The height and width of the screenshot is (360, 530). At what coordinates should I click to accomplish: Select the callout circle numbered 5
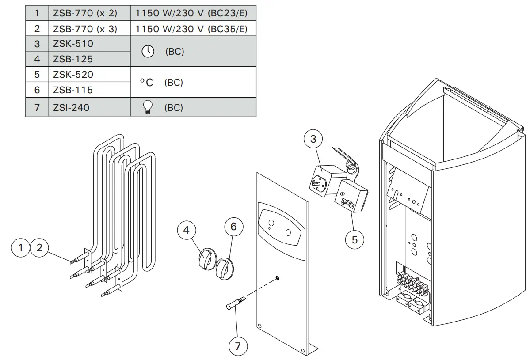[x=355, y=239]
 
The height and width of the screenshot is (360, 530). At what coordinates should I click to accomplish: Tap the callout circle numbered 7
[x=238, y=346]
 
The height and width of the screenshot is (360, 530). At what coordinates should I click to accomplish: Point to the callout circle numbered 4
[x=186, y=231]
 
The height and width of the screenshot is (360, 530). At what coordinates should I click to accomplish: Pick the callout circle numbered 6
[x=234, y=227]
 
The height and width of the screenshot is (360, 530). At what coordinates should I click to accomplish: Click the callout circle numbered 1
[x=20, y=248]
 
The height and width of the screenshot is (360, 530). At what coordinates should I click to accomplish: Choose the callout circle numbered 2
[x=39, y=248]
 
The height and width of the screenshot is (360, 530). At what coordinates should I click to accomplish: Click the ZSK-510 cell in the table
[x=73, y=44]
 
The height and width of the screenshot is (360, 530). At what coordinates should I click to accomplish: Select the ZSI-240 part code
[x=71, y=107]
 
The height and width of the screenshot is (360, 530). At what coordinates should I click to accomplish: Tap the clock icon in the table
[x=147, y=52]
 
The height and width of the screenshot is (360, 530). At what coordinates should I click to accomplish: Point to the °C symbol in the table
[x=146, y=83]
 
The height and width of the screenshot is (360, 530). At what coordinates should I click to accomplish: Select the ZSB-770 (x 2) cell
[x=85, y=13]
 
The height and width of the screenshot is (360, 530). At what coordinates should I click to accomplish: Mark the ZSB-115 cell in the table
[x=73, y=90]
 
